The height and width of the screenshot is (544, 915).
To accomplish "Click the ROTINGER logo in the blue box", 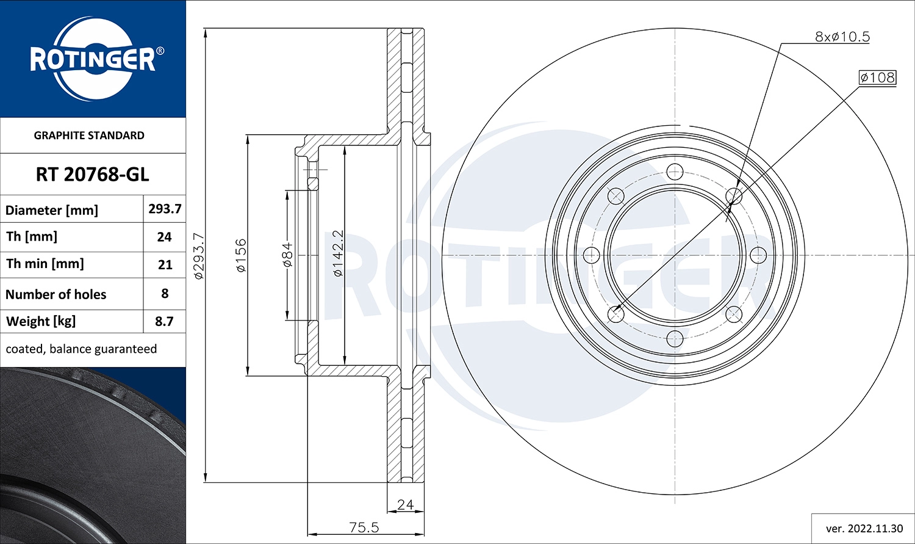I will (x=93, y=59).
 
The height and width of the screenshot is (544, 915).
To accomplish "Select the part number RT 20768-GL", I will (x=92, y=175).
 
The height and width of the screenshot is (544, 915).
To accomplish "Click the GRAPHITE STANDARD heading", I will (x=89, y=136).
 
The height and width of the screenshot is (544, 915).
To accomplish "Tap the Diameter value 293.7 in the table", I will (x=165, y=209).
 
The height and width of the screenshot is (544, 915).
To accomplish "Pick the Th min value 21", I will (x=165, y=264).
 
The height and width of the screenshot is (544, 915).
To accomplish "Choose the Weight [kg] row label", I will (x=41, y=321).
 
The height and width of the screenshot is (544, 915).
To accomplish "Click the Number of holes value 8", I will (x=165, y=294).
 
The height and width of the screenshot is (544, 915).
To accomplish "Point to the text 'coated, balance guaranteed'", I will (x=81, y=349).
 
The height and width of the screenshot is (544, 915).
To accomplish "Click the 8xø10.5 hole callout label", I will (x=842, y=37).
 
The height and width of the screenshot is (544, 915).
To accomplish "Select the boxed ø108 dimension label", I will (x=877, y=78).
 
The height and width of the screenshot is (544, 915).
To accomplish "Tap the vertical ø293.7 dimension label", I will (x=199, y=256).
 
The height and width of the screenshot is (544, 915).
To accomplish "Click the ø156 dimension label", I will (x=242, y=255).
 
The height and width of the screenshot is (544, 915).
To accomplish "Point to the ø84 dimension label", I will (x=287, y=255).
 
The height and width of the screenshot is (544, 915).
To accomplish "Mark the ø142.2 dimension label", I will (x=338, y=253).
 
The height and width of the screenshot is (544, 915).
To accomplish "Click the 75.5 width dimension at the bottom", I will (x=364, y=527).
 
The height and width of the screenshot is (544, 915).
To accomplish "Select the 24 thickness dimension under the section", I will (x=405, y=504).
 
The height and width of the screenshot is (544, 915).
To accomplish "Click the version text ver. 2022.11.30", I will (x=864, y=529).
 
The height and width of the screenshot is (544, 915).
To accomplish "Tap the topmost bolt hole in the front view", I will (x=675, y=171).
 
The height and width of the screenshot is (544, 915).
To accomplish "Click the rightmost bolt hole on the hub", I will (x=758, y=255).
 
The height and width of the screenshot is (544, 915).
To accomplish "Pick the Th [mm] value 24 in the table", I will (x=165, y=237).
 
